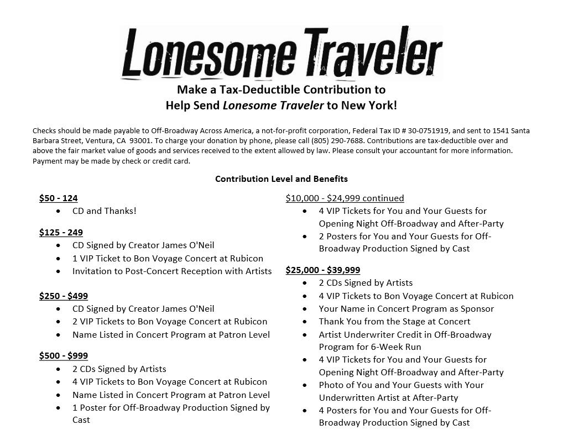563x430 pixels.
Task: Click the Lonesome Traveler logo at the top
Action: point(281,54)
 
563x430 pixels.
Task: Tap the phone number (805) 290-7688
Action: point(337,141)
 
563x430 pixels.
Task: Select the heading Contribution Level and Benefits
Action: point(281,179)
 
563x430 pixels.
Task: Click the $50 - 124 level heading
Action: point(58,198)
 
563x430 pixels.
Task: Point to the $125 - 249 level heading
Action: point(61,232)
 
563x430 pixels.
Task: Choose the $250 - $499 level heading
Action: point(64,296)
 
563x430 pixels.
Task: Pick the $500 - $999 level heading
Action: point(64,355)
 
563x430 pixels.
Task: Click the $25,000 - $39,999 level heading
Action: point(322,270)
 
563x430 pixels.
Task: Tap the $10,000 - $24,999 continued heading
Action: point(345,198)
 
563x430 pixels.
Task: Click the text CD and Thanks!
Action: point(104,211)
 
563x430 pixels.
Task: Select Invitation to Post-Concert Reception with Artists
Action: point(171,271)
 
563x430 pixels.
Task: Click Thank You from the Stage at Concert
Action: point(394,322)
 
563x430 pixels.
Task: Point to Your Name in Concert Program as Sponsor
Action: point(406,309)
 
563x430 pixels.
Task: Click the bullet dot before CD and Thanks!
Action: point(59,211)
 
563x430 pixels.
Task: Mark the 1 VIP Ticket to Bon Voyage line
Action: point(168,258)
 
